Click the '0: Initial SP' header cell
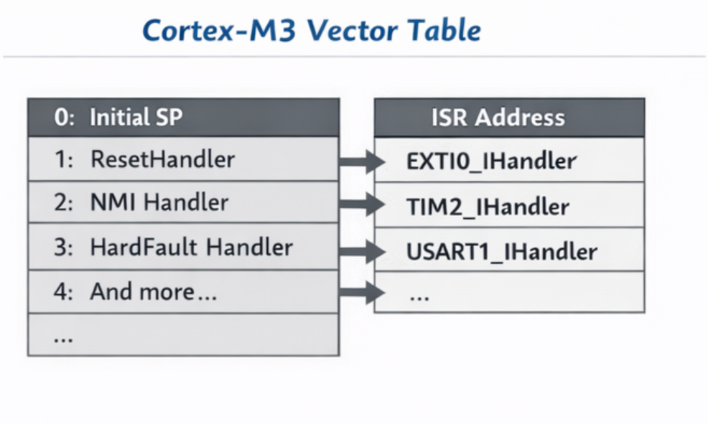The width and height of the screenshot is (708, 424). [x=118, y=117]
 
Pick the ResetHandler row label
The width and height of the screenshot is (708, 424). [x=162, y=159]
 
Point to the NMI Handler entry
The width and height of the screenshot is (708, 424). [x=159, y=203]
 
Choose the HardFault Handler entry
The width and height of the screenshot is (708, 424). [x=191, y=248]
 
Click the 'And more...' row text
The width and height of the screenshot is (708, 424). [x=153, y=292]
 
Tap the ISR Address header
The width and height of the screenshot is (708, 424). [x=498, y=117]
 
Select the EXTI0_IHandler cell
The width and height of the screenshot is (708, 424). [x=491, y=161]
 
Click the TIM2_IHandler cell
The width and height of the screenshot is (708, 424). [x=488, y=207]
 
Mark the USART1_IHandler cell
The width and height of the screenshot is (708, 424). [x=501, y=252]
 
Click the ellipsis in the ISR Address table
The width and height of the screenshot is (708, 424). [x=419, y=296]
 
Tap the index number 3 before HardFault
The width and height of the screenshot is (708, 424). [x=60, y=248]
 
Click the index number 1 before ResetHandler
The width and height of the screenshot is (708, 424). [x=60, y=159]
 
